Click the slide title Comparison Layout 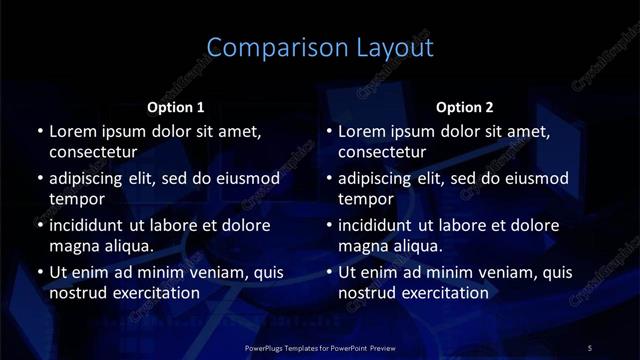click(320, 48)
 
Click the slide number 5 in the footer click(589, 347)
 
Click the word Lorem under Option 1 click(71, 131)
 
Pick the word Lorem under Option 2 click(360, 131)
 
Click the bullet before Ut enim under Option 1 click(40, 272)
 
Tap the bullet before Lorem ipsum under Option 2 click(329, 131)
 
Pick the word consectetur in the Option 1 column click(93, 153)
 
